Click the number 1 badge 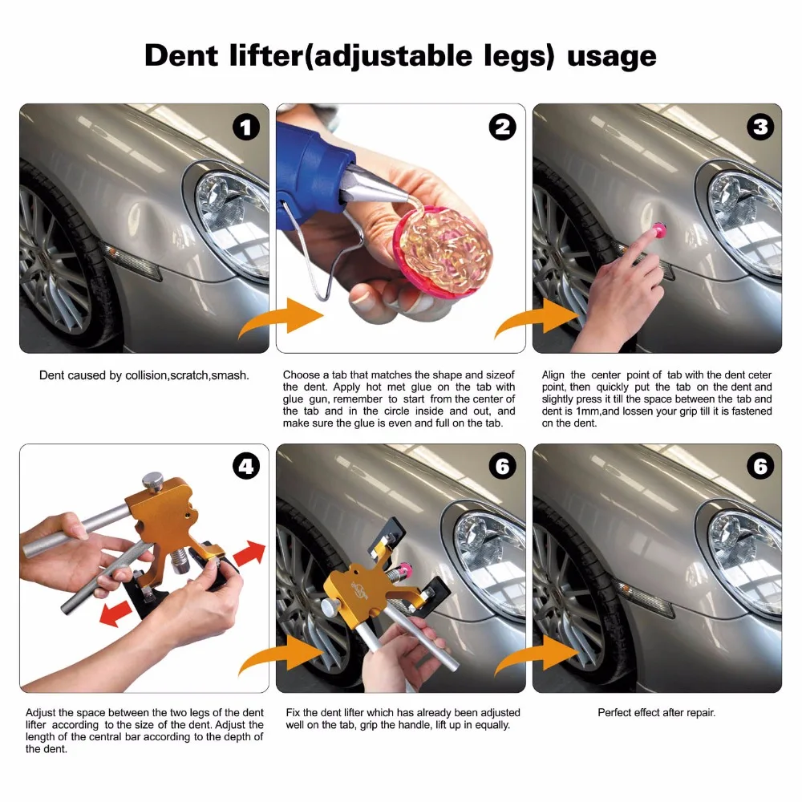pyautogui.click(x=246, y=127)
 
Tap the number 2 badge pyautogui.click(x=503, y=127)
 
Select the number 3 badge pyautogui.click(x=759, y=127)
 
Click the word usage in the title pyautogui.click(x=612, y=56)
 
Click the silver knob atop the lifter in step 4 pyautogui.click(x=152, y=483)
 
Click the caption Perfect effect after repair pyautogui.click(x=656, y=712)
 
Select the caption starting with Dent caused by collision pyautogui.click(x=144, y=375)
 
